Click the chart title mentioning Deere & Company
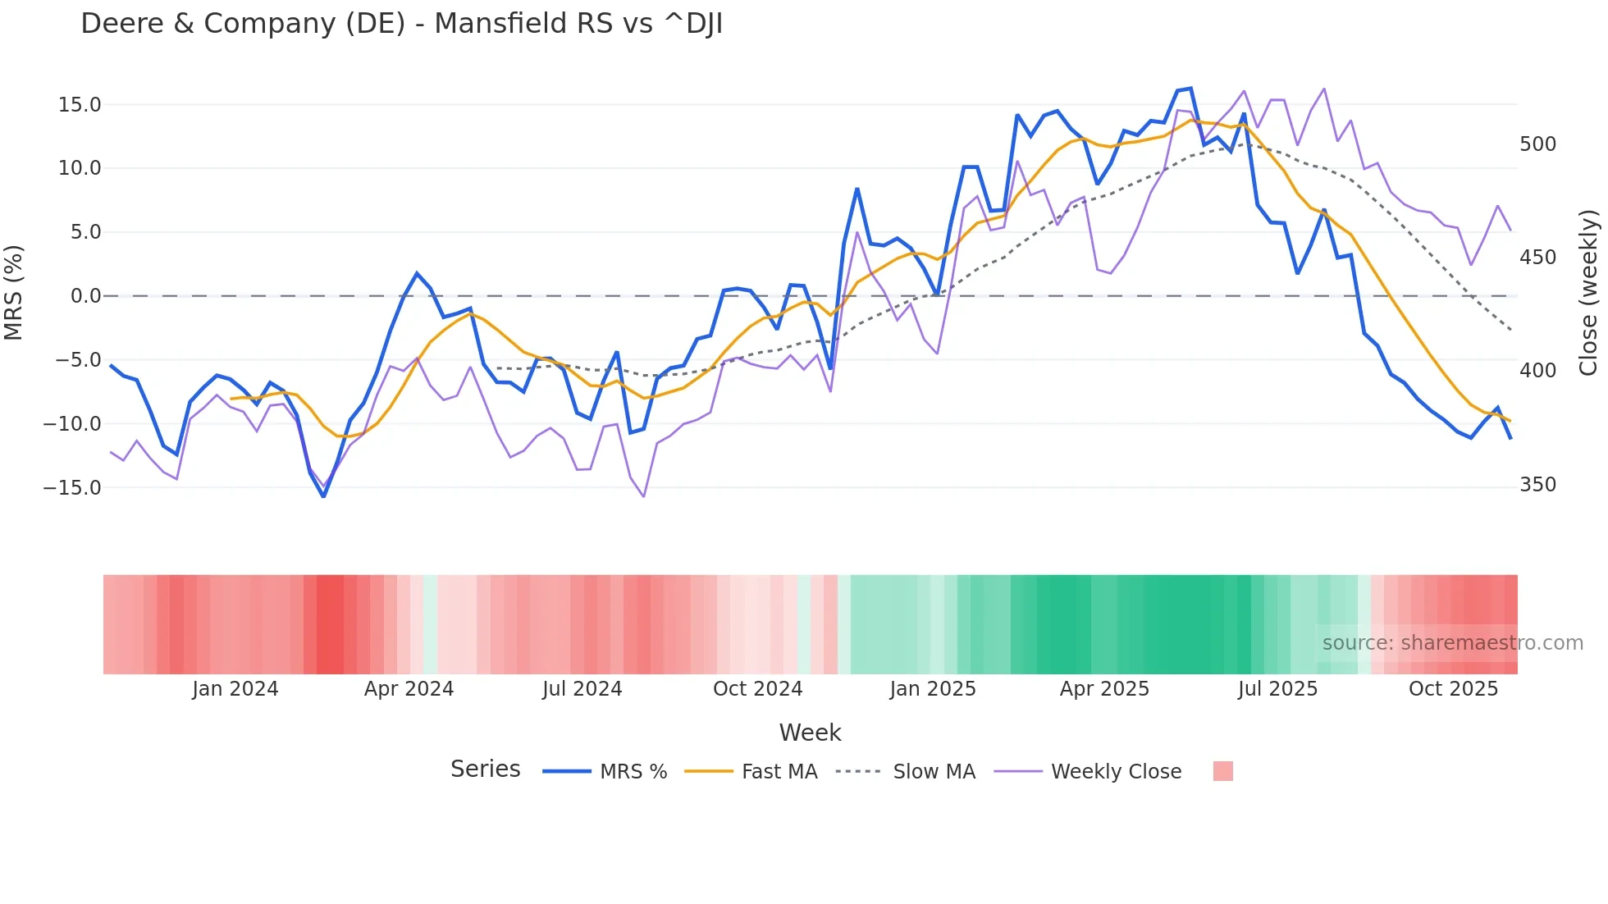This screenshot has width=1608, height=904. tap(401, 24)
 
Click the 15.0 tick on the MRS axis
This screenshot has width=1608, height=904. tap(79, 105)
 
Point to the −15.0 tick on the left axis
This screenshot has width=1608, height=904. tap(72, 488)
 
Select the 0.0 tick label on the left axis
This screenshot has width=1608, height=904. tap(85, 296)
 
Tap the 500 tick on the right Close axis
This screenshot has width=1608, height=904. tap(1537, 144)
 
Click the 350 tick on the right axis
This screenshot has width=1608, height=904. tap(1537, 485)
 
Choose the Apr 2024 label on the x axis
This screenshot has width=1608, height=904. tap(409, 689)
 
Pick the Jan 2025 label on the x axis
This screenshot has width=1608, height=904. tap(933, 689)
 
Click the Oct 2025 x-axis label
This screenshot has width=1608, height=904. tap(1453, 689)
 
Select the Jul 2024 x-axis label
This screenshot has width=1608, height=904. tap(582, 689)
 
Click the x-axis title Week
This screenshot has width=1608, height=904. tap(810, 733)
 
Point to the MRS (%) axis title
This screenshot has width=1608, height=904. tap(14, 293)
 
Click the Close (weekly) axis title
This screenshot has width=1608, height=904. tap(1588, 293)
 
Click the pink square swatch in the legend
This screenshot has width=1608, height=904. tap(1222, 771)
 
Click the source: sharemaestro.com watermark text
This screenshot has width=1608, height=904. tap(1452, 643)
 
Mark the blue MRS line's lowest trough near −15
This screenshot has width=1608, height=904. tap(323, 496)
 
